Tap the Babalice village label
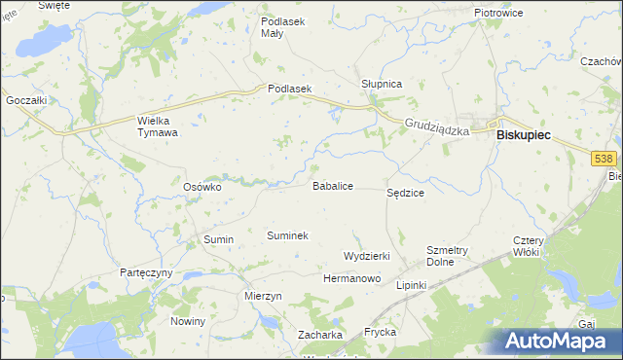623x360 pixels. point(332,185)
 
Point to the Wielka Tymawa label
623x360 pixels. point(158,126)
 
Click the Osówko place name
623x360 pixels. point(203,186)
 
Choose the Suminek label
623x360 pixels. point(287,235)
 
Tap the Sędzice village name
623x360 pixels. point(405,194)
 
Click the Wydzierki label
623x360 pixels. point(367,255)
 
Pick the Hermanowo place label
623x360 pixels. point(351,278)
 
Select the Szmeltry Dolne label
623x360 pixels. point(448,256)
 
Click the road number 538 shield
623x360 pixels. point(605,157)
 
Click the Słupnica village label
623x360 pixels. point(382,85)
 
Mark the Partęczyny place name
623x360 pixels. point(146,272)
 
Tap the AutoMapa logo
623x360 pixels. point(562,341)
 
